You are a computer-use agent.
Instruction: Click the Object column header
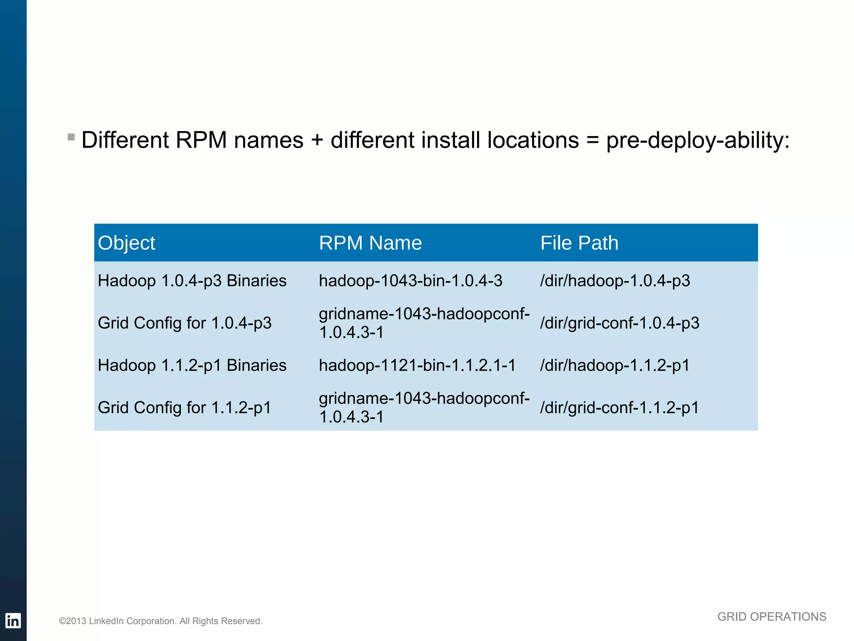click(x=126, y=243)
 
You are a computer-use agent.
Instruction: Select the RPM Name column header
click(x=370, y=243)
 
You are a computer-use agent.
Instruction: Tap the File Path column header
click(x=579, y=243)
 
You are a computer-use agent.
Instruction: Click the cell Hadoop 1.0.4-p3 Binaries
click(x=192, y=281)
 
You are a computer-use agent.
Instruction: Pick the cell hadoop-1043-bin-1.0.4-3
click(x=410, y=281)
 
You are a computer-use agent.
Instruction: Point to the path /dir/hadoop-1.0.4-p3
click(x=615, y=281)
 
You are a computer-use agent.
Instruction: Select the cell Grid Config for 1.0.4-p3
click(x=184, y=323)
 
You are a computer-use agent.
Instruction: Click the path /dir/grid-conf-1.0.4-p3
click(x=620, y=323)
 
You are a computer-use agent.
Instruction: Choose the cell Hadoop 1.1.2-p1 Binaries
click(x=192, y=366)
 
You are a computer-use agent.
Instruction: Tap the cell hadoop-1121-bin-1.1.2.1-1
click(x=417, y=366)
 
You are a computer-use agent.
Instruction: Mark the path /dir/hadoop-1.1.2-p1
click(x=615, y=366)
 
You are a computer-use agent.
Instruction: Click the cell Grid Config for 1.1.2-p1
click(x=184, y=408)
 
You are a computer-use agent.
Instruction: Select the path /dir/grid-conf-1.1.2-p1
click(x=620, y=408)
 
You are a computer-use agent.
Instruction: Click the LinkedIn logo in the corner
click(x=13, y=621)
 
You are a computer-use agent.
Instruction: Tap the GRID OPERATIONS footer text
click(x=771, y=617)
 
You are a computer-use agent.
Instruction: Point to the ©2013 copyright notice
click(x=161, y=621)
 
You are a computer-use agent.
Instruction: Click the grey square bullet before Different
click(x=71, y=137)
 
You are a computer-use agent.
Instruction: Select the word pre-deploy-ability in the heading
click(x=697, y=140)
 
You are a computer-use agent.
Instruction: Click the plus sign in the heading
click(x=317, y=140)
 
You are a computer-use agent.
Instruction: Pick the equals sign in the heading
click(x=592, y=140)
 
